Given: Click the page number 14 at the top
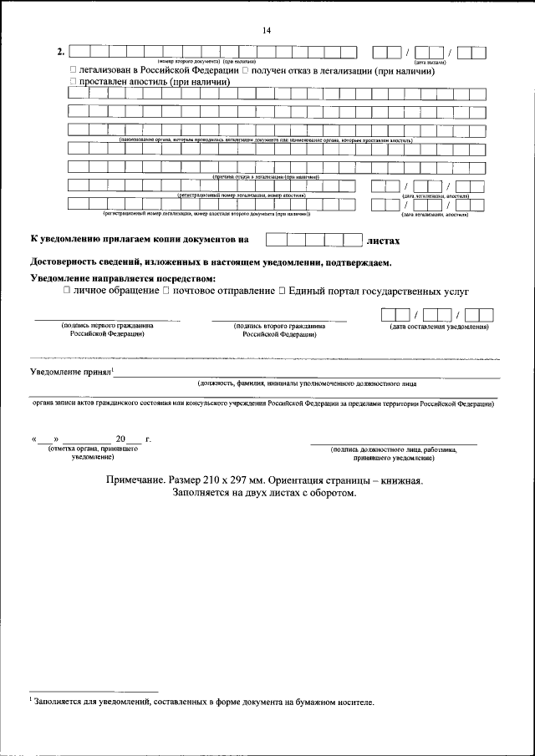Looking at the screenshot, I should tap(267, 30).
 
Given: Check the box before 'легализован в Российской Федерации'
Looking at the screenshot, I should tap(74, 72).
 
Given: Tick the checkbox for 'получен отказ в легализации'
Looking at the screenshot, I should tap(245, 72).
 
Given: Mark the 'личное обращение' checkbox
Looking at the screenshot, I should tap(66, 291).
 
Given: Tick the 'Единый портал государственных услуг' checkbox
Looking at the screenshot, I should tap(282, 291).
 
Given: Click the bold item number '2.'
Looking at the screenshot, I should tap(61, 52).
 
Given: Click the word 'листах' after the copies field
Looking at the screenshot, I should tap(384, 241).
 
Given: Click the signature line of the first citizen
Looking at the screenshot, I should tap(106, 320).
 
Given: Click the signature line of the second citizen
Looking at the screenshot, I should tap(279, 320).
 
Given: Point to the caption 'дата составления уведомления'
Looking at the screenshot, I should tap(439, 327).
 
